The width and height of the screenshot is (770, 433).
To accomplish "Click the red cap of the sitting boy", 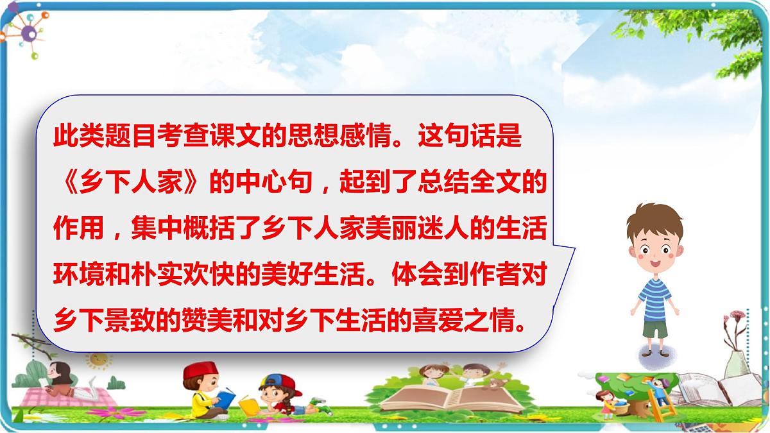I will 200,371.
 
